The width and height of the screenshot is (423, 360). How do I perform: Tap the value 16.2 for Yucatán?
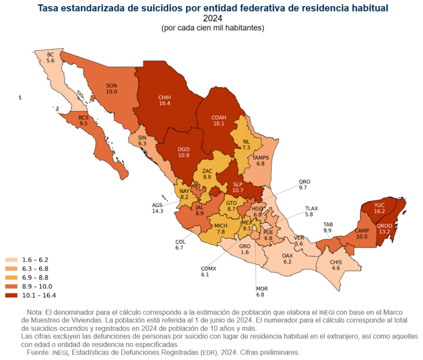click(379, 211)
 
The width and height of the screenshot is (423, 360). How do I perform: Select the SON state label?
click(112, 85)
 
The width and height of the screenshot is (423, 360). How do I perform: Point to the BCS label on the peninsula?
click(84, 117)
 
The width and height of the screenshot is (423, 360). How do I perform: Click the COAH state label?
click(219, 117)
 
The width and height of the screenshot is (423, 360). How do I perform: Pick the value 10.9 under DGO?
click(183, 155)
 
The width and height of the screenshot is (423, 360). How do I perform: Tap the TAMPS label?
click(261, 158)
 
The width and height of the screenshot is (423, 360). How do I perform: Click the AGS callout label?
click(158, 205)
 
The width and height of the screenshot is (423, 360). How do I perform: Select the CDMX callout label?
click(209, 268)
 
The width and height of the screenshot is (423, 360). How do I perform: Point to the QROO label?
click(384, 225)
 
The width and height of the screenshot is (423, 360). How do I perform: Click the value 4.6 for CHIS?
click(335, 268)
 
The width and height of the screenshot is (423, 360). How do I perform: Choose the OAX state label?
click(287, 256)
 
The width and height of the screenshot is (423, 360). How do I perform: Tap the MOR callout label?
click(262, 289)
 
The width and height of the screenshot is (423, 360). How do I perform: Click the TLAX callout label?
click(312, 208)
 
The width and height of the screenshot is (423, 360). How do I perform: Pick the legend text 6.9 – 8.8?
click(37, 277)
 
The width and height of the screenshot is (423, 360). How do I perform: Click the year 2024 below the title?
click(212, 18)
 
